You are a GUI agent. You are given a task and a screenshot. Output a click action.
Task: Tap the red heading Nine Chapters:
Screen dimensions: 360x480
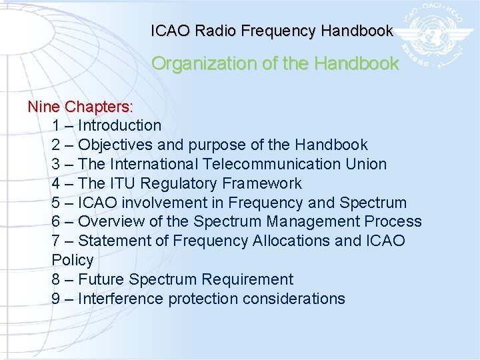80,107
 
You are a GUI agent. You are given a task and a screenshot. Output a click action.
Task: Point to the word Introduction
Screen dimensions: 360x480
119,125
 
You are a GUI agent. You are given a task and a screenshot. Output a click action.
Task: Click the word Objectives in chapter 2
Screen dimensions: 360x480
115,145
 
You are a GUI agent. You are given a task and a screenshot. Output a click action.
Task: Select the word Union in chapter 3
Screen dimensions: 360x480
366,164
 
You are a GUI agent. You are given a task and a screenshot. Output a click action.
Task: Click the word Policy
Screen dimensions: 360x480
72,260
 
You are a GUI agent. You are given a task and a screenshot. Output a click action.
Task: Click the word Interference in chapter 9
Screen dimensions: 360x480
121,299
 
